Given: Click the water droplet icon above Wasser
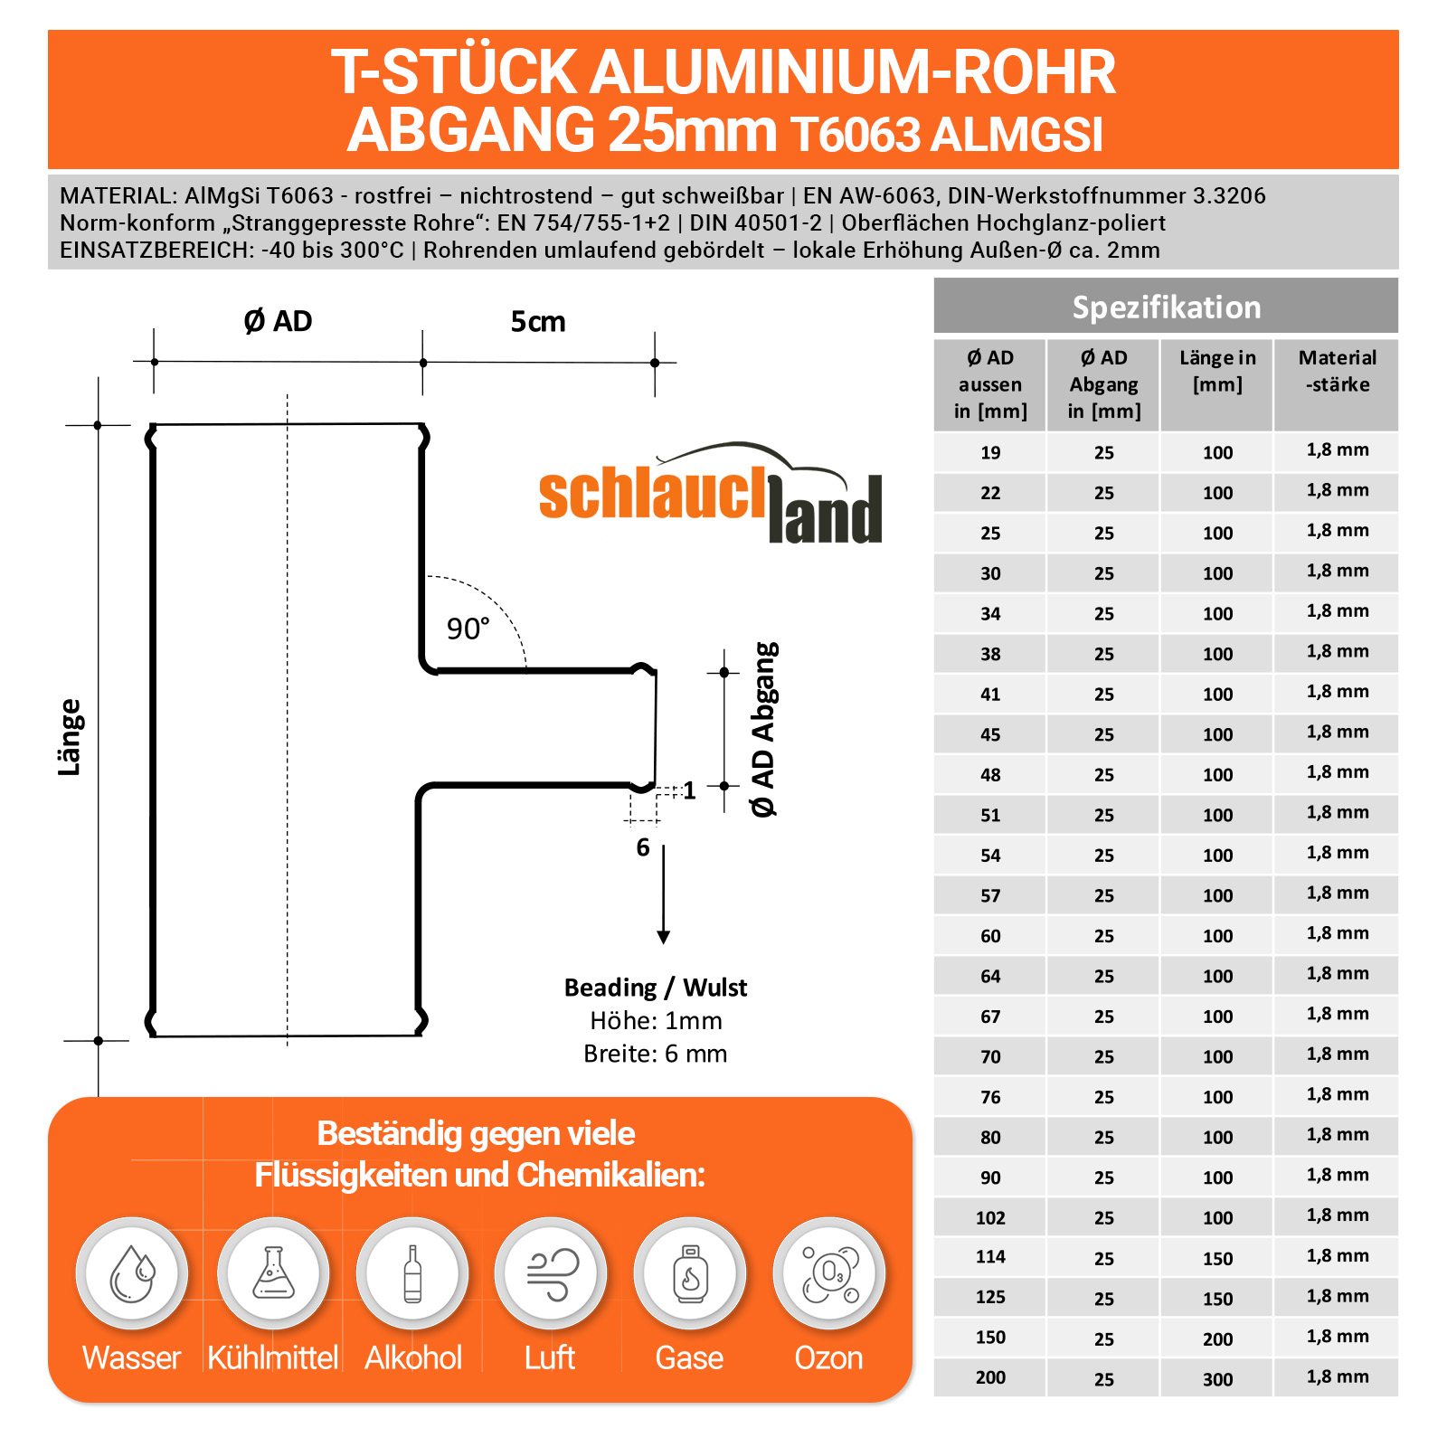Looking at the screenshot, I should click(132, 1273).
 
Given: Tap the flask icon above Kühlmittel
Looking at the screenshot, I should click(273, 1272).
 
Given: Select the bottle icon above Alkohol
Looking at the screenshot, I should click(412, 1273).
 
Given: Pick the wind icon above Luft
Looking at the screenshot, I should click(551, 1273).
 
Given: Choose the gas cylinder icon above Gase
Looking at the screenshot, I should click(690, 1273).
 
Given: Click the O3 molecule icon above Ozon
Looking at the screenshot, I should click(829, 1273).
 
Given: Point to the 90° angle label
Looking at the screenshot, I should click(468, 629).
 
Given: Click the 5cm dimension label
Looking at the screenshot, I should click(538, 322).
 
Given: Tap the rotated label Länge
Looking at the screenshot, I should click(70, 737).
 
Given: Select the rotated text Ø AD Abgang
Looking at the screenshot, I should click(764, 730).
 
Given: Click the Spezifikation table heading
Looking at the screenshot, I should click(1166, 307).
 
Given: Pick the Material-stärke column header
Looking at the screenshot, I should click(1337, 371).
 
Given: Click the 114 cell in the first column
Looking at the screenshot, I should click(990, 1256).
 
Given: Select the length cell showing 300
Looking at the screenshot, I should click(1217, 1379).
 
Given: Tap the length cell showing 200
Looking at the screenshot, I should click(1217, 1339).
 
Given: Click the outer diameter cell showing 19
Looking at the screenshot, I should click(990, 452).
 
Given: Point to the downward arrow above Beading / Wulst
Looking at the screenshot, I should click(664, 895).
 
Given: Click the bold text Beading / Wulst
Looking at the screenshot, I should click(656, 988).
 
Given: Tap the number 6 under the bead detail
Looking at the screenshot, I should click(643, 847).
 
